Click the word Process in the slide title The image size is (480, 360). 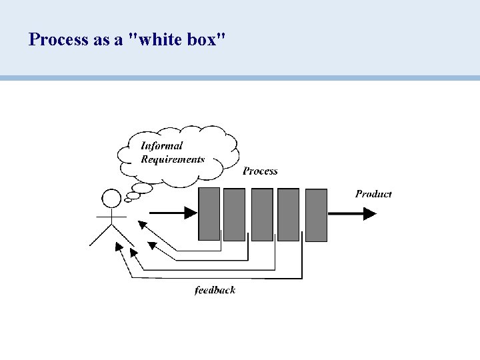58,39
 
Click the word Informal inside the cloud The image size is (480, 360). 161,145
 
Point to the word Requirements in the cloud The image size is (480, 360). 173,159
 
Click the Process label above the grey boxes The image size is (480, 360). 260,171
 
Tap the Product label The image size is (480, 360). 373,194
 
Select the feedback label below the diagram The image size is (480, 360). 215,290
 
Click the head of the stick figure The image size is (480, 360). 111,197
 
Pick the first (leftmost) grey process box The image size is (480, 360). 209,213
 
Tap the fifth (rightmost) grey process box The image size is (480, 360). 316,215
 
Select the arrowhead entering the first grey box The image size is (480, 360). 191,213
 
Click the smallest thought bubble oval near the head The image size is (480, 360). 128,200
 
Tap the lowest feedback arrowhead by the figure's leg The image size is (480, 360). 119,247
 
